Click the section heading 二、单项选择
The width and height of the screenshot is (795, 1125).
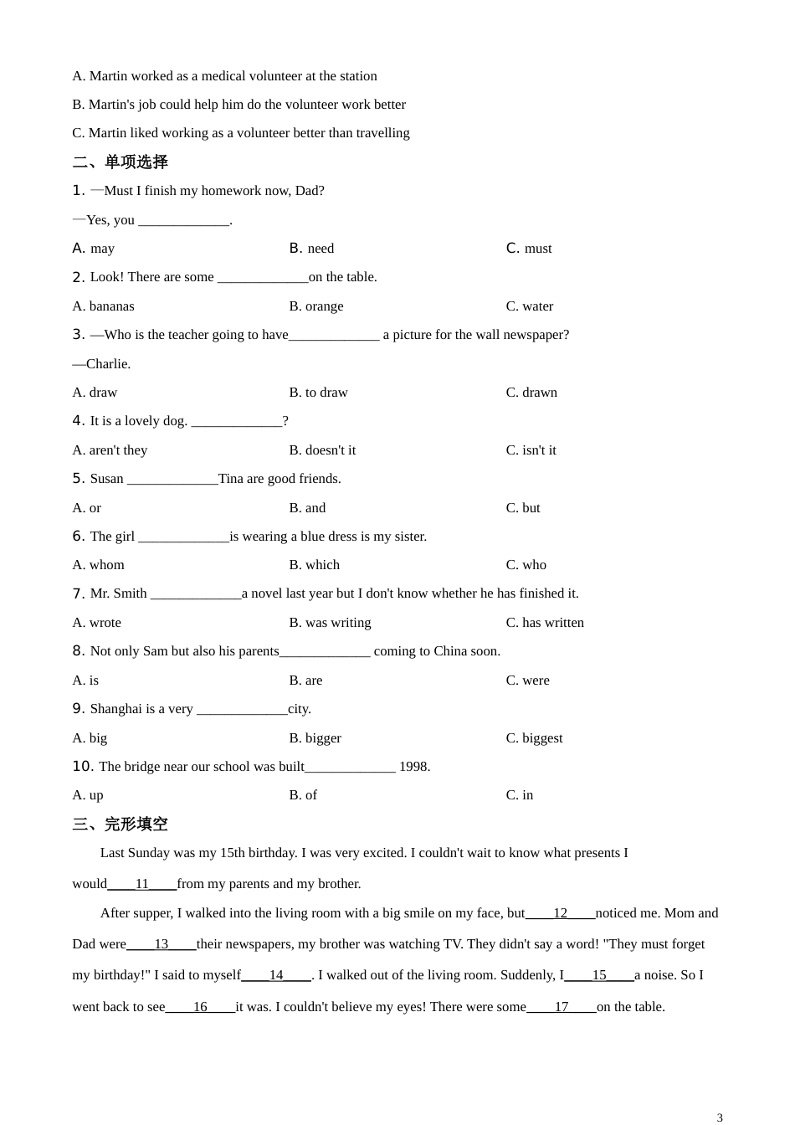coord(120,162)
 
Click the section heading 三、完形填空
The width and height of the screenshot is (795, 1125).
coord(120,824)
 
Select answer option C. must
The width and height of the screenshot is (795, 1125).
coord(529,248)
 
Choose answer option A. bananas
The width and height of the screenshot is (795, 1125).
coord(103,306)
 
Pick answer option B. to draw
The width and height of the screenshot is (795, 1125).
coord(318,392)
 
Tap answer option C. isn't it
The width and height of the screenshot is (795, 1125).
coord(531,449)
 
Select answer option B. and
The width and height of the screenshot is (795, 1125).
coord(307,507)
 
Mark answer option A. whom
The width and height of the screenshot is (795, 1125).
coord(98,564)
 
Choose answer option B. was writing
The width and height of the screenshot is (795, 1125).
coord(330,622)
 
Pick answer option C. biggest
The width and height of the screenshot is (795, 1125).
coord(534,737)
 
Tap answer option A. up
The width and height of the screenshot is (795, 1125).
coord(88,794)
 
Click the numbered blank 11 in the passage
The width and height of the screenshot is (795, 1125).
coord(142,883)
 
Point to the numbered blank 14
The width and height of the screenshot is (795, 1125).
coord(276,974)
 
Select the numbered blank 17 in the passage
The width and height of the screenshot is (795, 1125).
coord(562,1006)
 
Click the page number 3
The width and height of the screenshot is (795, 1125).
coord(720,1117)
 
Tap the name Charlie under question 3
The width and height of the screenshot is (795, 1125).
coord(108,363)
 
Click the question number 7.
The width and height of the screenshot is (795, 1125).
coord(79,593)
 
